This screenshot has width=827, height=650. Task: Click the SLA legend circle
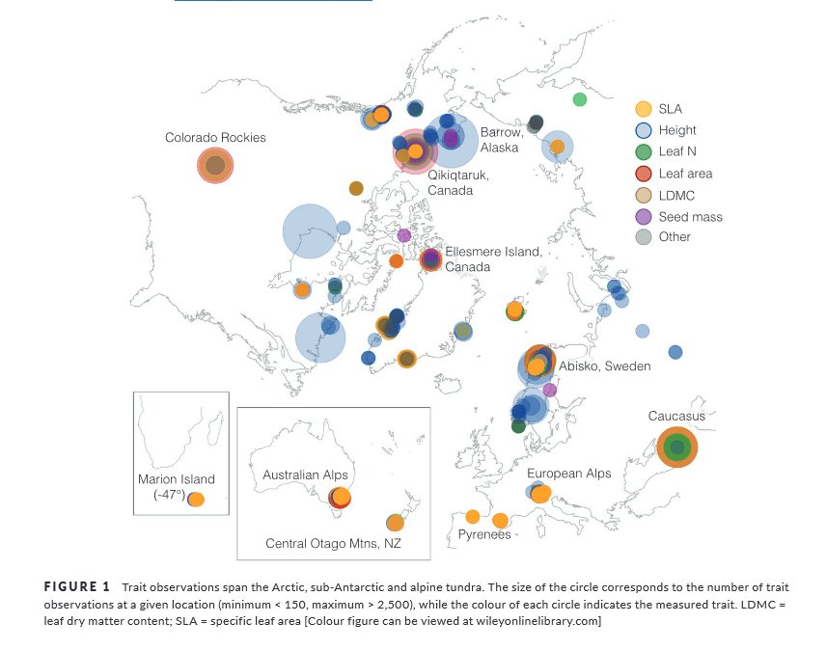point(644,109)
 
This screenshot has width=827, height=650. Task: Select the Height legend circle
point(644,130)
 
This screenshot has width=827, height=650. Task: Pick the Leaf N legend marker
point(644,151)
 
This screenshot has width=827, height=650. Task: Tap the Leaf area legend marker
point(644,174)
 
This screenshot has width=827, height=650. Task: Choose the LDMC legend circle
point(644,195)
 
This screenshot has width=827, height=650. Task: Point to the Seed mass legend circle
point(644,216)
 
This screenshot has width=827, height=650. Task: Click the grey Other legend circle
point(644,237)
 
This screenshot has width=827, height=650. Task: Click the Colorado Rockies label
point(215,138)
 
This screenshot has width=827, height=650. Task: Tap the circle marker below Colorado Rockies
point(215,166)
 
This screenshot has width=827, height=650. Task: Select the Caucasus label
point(676,416)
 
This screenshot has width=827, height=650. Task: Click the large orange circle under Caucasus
point(676,447)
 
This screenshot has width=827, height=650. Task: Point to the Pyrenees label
point(484,534)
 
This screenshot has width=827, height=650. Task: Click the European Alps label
point(569,474)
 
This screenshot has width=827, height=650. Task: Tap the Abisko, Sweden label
point(605,366)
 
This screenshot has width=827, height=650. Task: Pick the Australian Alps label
point(305,475)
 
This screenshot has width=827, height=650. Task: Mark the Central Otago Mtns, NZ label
point(333,544)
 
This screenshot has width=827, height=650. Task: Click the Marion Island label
point(177,479)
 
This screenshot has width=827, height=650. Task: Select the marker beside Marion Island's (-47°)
point(196,500)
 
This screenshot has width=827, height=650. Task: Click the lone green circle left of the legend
point(580,99)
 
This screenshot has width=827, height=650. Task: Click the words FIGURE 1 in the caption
point(78,586)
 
